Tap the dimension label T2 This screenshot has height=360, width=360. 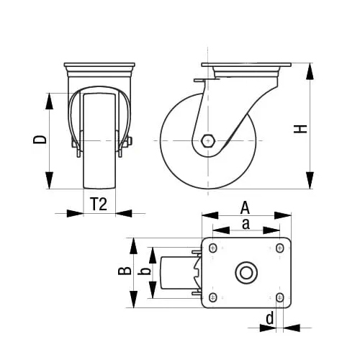pos(99,204)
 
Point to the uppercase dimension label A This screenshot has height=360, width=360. pos(245,206)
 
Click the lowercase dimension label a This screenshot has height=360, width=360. pos(246,224)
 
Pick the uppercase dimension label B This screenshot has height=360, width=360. pos(124,271)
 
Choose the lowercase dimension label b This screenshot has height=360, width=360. pos(144,271)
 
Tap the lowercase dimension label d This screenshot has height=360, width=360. pos(269,318)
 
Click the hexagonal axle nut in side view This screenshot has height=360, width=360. pos(208,140)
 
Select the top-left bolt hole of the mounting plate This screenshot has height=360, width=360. pos(213,248)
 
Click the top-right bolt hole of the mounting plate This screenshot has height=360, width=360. pos(279,248)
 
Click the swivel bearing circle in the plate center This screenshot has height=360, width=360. pos(246,273)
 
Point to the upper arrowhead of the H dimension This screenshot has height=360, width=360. pos(310,71)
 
